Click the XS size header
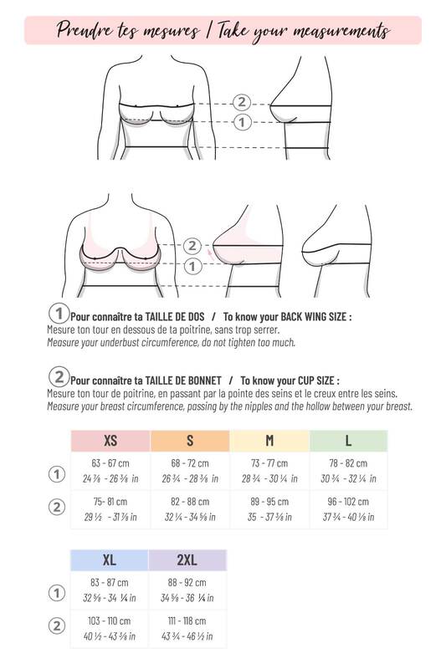pyautogui.click(x=110, y=441)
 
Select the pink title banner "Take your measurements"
pyautogui.click(x=223, y=30)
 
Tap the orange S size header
pyautogui.click(x=190, y=441)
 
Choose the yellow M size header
pyautogui.click(x=269, y=441)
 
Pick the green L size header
pyautogui.click(x=348, y=441)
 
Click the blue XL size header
pyautogui.click(x=110, y=560)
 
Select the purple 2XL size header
pyautogui.click(x=187, y=560)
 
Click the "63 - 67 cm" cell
pyautogui.click(x=110, y=463)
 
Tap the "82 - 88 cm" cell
pyautogui.click(x=190, y=502)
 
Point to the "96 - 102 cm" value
pyautogui.click(x=348, y=502)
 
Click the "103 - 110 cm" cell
pyautogui.click(x=110, y=620)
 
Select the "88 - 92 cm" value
pyautogui.click(x=187, y=582)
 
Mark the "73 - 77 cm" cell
pyautogui.click(x=269, y=463)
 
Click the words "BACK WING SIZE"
pyautogui.click(x=313, y=317)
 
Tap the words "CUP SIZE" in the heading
pyautogui.click(x=314, y=380)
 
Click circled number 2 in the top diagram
pyautogui.click(x=242, y=102)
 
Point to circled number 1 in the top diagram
pyautogui.click(x=242, y=122)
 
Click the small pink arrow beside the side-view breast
pyautogui.click(x=209, y=255)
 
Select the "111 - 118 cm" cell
pyautogui.click(x=187, y=620)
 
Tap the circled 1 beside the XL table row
pyautogui.click(x=57, y=593)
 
